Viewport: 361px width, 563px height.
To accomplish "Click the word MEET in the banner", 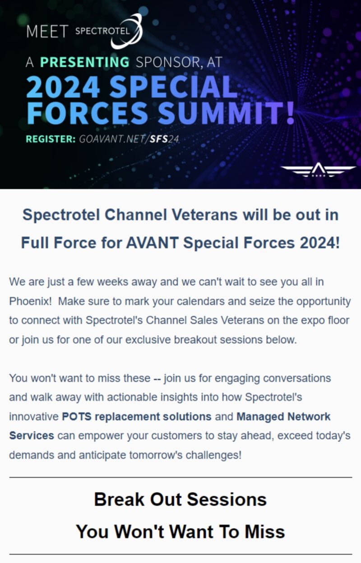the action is (x=47, y=32).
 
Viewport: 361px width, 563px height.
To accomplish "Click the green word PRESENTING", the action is (x=85, y=62).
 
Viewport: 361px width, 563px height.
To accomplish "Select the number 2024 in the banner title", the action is (x=63, y=87).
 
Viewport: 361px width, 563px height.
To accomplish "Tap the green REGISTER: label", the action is (x=51, y=139).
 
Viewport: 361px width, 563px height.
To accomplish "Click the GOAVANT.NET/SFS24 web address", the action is (x=129, y=139).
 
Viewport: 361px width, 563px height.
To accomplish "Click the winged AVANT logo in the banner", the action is (x=318, y=170).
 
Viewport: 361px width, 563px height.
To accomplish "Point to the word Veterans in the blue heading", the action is (x=204, y=215).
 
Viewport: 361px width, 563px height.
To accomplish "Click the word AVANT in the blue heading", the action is (x=153, y=243).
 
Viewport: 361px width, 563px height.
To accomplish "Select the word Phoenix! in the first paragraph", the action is (x=30, y=301).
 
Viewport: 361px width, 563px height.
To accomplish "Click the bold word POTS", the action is (x=77, y=417).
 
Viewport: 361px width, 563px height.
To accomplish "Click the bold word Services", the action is (x=32, y=436).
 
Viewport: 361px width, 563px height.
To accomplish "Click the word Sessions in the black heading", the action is (x=227, y=499).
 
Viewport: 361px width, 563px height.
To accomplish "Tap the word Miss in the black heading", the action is (x=265, y=532).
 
